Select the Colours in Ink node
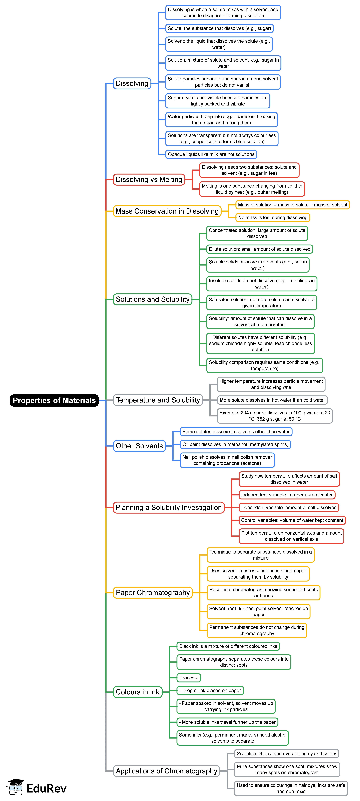137,692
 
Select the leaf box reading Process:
188,678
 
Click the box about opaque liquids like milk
211,154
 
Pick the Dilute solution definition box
260,249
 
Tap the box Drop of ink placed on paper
210,690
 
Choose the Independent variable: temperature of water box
287,495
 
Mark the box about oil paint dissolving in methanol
235,444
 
